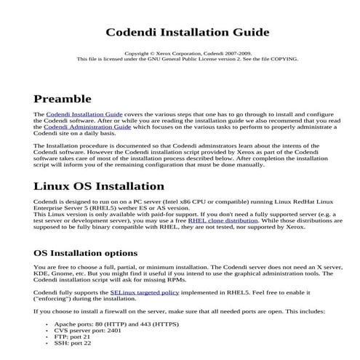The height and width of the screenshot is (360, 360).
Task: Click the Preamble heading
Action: coord(67,98)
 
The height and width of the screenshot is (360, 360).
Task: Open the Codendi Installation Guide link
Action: coord(84,115)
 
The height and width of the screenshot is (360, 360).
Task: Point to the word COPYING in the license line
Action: coord(284,59)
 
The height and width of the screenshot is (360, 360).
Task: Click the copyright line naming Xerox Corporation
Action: coord(187,53)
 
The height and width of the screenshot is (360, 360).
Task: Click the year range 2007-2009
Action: coord(234,53)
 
